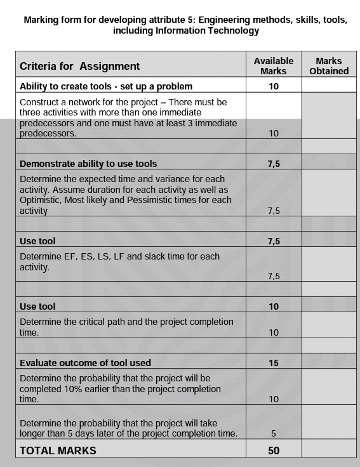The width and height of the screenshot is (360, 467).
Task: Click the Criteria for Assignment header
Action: tap(79, 66)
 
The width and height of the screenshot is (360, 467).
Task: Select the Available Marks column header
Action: tap(274, 66)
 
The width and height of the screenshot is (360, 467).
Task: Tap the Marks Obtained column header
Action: tap(329, 66)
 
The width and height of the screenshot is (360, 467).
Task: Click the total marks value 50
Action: tap(274, 451)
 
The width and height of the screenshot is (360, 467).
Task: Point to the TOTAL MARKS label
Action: tap(58, 451)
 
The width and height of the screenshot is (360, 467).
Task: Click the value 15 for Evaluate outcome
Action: tap(274, 363)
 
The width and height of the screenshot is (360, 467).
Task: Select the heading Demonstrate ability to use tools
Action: tap(88, 164)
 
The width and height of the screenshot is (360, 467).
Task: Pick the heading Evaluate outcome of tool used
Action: tap(85, 363)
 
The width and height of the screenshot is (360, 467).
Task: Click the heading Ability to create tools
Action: tap(106, 86)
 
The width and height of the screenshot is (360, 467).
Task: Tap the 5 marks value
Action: tap(274, 434)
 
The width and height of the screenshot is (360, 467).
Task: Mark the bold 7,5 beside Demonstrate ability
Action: tap(274, 164)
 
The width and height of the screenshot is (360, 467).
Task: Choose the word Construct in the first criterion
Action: tap(40, 102)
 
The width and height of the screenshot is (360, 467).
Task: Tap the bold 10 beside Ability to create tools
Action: tap(274, 86)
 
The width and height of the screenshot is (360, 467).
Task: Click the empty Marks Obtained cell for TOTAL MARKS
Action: tap(329, 451)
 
